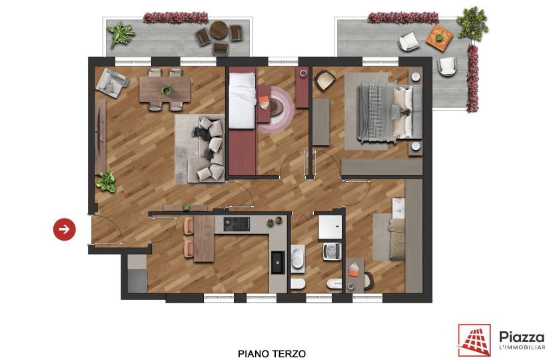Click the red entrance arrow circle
(65, 229)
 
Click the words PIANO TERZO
(272, 354)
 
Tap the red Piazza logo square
(474, 340)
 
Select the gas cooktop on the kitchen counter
(237, 224)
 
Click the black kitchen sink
(278, 262)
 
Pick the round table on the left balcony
(219, 30)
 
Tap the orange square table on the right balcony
(440, 37)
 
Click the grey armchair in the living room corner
(112, 83)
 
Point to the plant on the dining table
(167, 90)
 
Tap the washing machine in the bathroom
(332, 251)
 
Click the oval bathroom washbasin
(298, 259)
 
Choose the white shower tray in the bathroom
(330, 227)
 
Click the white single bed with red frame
(243, 101)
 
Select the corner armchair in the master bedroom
(324, 81)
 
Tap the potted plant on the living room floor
(107, 181)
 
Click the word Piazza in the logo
(522, 337)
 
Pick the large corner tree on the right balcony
(472, 23)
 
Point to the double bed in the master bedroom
(389, 112)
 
